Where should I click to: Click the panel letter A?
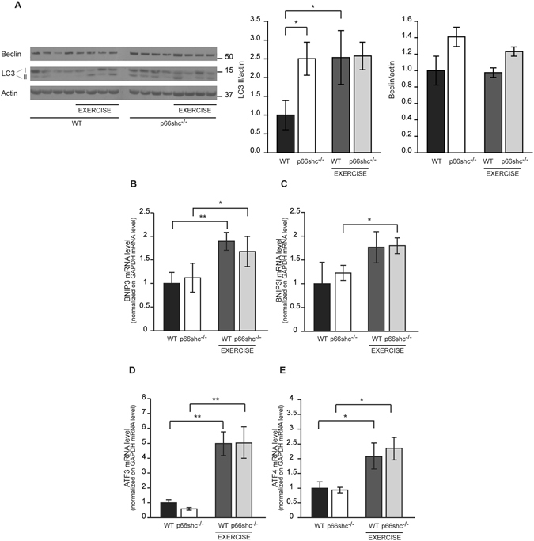(x=10, y=6)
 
